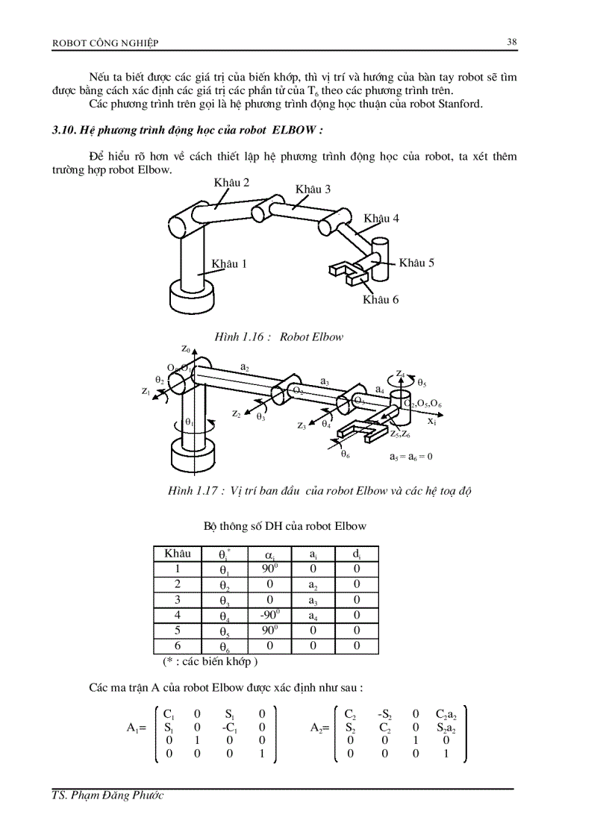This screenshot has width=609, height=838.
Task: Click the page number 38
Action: point(512,42)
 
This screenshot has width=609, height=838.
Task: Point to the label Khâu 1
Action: point(229,263)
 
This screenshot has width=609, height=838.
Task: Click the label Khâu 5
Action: point(416,263)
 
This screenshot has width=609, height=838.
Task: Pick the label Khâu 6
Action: point(381,299)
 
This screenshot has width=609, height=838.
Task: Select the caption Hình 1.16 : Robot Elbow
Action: point(278,337)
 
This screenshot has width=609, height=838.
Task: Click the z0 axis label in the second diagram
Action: point(185,348)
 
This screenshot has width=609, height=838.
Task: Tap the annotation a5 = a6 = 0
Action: point(411,456)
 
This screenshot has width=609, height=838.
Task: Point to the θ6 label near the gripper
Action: point(346,454)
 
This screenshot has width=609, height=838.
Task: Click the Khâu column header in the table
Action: point(178,554)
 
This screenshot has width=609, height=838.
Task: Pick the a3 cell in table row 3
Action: point(314,600)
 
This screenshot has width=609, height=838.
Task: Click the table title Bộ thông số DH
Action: point(285,526)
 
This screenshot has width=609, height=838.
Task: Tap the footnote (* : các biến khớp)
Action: point(210,661)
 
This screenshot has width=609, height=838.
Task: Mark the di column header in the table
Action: point(357,554)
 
